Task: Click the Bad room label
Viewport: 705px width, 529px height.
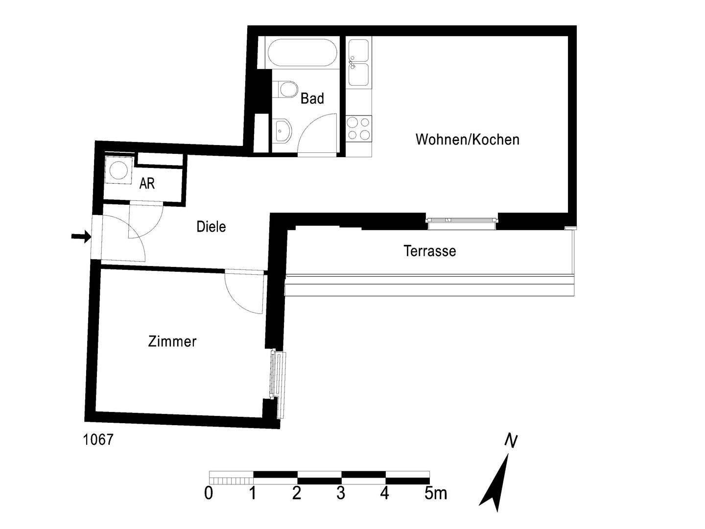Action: [x=312, y=98]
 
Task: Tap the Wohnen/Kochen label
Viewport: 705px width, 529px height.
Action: [x=467, y=140]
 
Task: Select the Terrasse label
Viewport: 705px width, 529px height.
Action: [x=429, y=251]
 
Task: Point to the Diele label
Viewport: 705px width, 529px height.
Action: [x=211, y=227]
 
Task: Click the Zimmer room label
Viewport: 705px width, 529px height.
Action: [x=172, y=341]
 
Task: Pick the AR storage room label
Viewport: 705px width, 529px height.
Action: [x=147, y=184]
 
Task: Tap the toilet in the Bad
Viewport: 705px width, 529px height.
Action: [x=286, y=90]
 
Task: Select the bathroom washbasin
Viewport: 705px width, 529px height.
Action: [x=282, y=130]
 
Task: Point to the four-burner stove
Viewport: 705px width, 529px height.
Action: [x=359, y=128]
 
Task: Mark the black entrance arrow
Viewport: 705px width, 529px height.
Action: [x=81, y=237]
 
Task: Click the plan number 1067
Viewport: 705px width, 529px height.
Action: [x=98, y=440]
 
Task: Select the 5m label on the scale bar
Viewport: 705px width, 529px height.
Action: [x=435, y=493]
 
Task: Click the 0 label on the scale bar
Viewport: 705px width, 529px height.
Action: [x=209, y=493]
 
